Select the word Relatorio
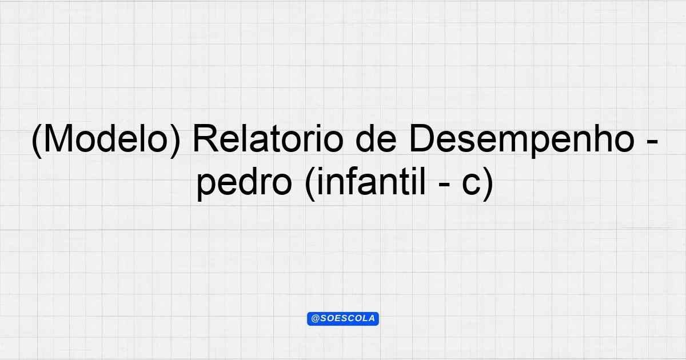tap(268, 138)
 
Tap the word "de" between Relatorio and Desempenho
tap(377, 138)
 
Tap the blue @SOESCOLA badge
tap(343, 319)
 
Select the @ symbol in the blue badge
tap(316, 319)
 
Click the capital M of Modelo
tap(58, 138)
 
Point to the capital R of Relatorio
tap(206, 138)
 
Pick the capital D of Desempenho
tap(422, 138)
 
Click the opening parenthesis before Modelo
tap(37, 141)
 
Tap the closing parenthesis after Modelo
tap(174, 141)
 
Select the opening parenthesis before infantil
tap(310, 183)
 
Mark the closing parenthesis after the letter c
tap(487, 183)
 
